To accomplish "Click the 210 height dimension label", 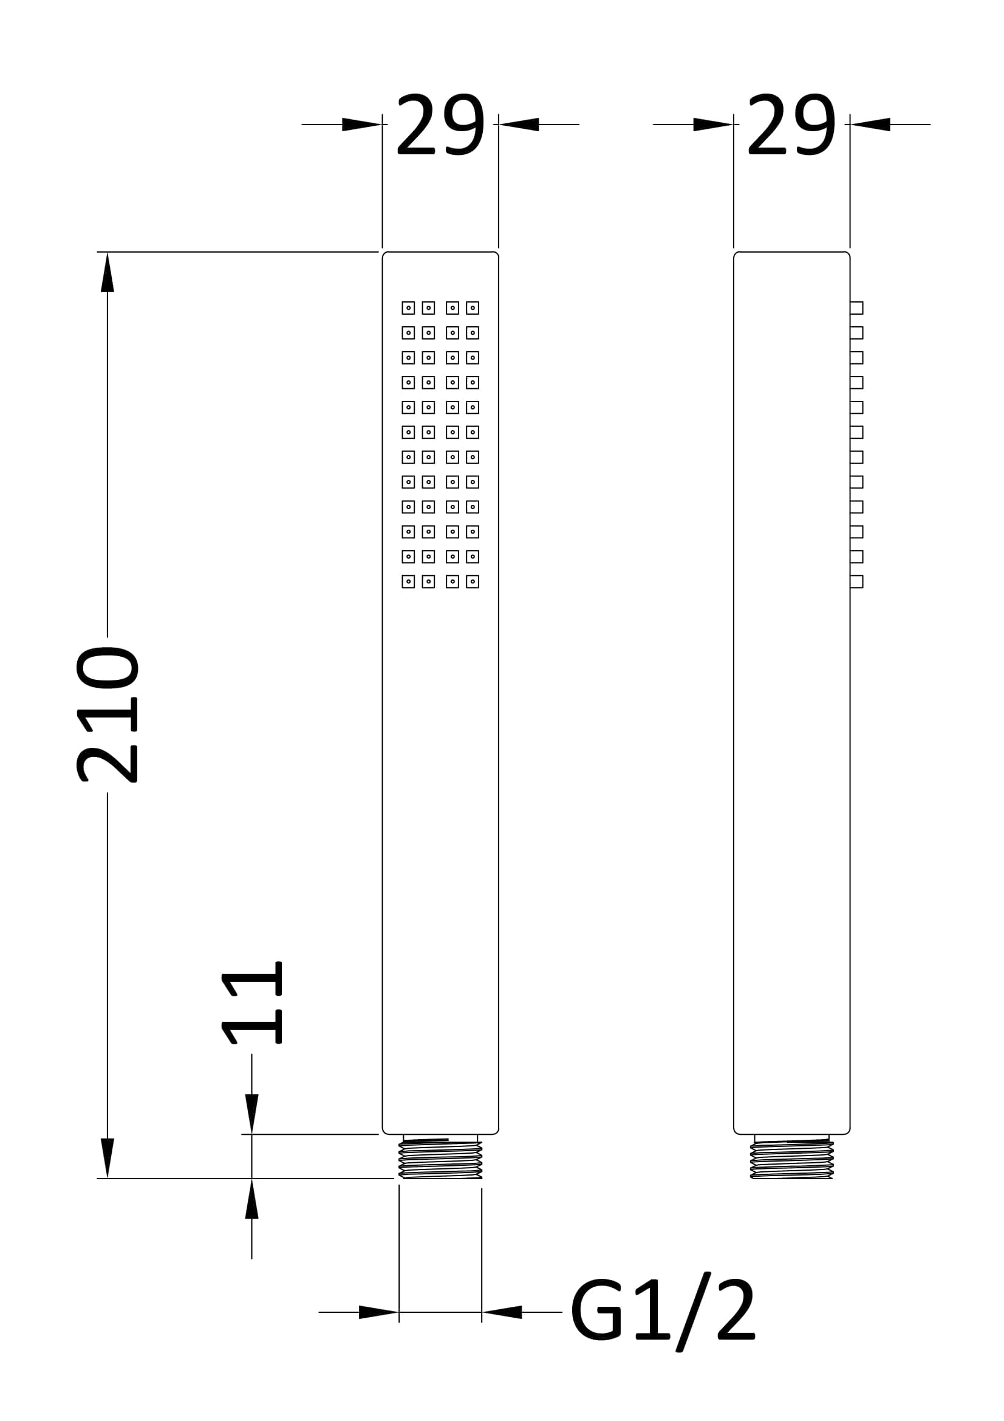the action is (x=107, y=715).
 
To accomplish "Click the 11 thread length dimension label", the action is (x=252, y=1002).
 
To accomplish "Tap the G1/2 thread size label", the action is (x=663, y=1312).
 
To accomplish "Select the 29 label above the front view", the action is (x=440, y=125).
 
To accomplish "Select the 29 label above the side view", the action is (x=792, y=125).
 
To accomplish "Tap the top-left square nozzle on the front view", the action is (x=408, y=307).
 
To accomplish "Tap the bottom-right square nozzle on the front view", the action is (x=473, y=581).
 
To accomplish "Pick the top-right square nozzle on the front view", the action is (x=473, y=307).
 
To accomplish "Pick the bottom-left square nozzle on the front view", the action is (x=408, y=581).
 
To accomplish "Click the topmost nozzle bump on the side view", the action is (x=857, y=307).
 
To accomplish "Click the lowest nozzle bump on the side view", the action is (x=857, y=581).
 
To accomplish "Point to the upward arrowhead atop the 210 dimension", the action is (x=108, y=272).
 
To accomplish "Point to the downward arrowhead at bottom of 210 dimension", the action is (x=108, y=1158).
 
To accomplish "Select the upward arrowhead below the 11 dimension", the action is (x=252, y=1199).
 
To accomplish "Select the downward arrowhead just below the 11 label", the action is (x=252, y=1114).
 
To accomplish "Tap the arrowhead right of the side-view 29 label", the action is (x=870, y=125).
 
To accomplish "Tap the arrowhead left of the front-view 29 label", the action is (x=362, y=125).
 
